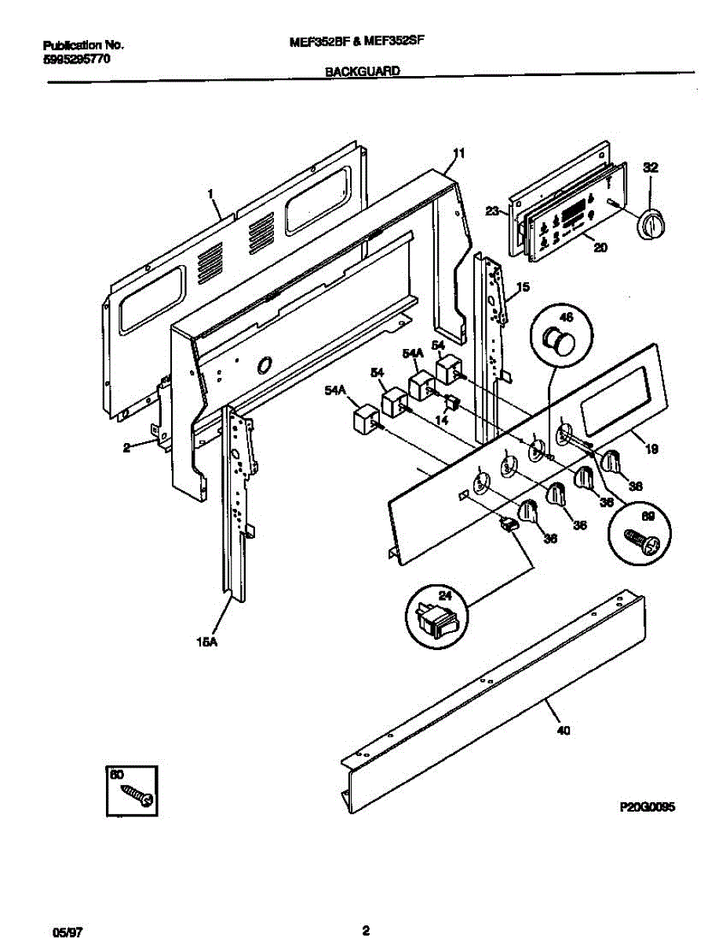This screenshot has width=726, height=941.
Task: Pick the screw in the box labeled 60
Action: click(x=136, y=796)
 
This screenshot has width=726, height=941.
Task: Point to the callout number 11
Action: click(x=459, y=154)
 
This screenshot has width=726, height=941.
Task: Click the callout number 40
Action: click(x=563, y=731)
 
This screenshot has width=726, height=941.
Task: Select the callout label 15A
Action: click(x=206, y=642)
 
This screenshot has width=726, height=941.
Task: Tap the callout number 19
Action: click(x=652, y=450)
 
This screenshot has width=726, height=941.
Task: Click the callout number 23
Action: click(x=492, y=210)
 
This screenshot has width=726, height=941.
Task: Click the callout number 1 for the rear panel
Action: click(x=210, y=192)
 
